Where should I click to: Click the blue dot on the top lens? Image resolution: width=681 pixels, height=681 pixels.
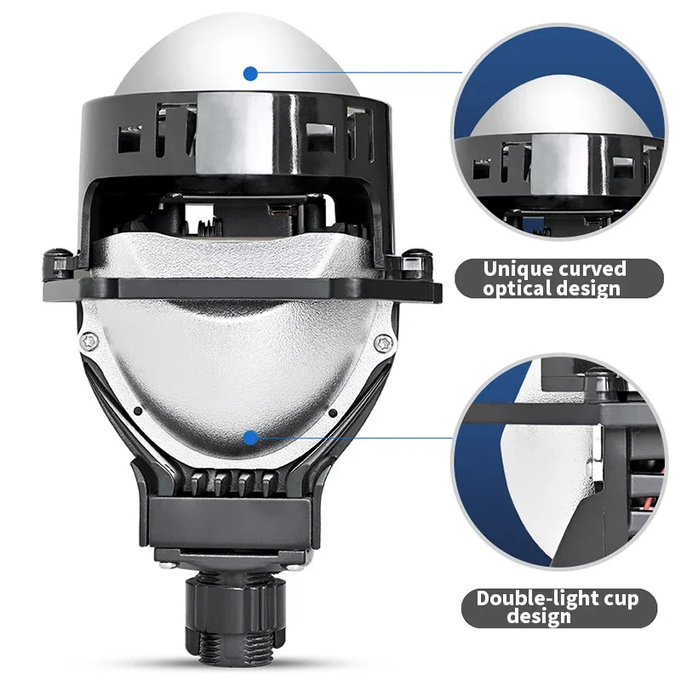coord(250,74)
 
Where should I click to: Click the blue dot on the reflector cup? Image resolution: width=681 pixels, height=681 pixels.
coord(250,438)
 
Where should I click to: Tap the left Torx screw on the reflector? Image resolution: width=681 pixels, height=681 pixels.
coord(89,341)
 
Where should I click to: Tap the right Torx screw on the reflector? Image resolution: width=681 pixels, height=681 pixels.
coord(384,344)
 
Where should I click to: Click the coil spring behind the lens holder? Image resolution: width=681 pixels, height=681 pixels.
coord(209,227)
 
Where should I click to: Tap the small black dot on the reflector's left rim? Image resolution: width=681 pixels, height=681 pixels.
coord(138,410)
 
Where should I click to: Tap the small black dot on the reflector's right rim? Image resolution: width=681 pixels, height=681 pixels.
coord(333,412)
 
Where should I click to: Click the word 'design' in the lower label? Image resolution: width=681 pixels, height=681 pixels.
coord(539,617)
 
